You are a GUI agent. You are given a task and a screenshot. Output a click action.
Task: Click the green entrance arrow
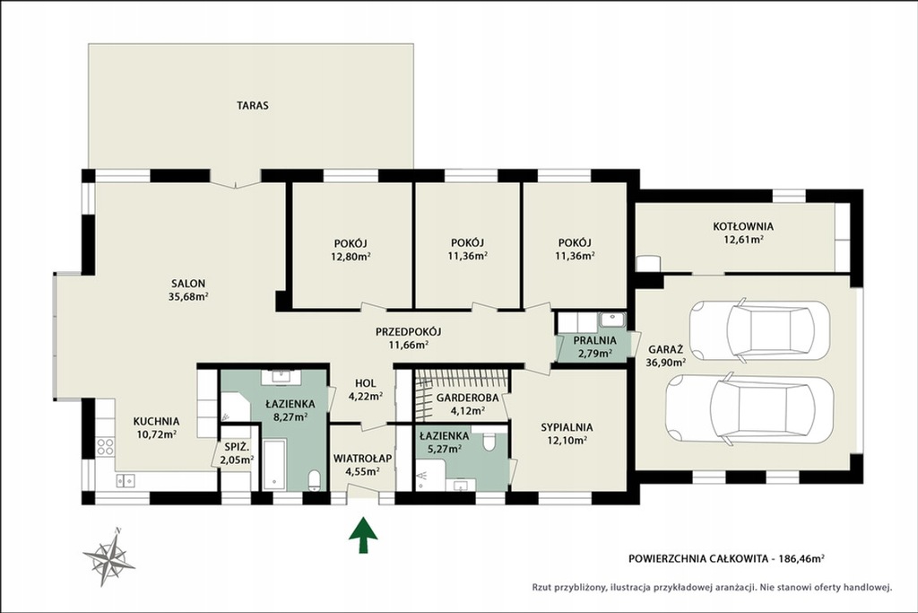tap(363, 535)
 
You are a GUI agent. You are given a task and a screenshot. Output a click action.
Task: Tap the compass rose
tap(108, 556)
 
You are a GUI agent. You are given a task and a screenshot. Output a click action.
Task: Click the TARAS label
tap(253, 106)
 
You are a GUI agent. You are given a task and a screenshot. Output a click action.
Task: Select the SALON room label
tap(188, 284)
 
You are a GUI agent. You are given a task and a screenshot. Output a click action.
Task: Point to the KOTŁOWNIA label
tap(743, 226)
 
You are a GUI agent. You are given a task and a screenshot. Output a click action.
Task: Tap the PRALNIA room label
tap(595, 340)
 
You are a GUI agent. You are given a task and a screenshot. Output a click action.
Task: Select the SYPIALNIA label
tap(567, 428)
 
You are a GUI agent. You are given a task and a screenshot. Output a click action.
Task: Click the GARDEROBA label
tap(468, 398)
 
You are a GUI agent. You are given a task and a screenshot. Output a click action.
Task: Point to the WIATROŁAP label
tap(362, 459)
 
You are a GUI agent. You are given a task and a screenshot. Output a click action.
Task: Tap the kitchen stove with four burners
tap(106, 447)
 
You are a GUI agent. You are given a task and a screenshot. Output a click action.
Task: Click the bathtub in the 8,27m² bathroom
tap(274, 465)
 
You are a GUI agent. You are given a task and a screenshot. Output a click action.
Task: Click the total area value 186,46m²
tap(801, 559)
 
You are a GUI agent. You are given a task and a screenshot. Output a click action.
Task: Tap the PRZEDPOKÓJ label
tap(409, 332)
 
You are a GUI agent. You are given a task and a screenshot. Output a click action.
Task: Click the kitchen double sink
tap(126, 480)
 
